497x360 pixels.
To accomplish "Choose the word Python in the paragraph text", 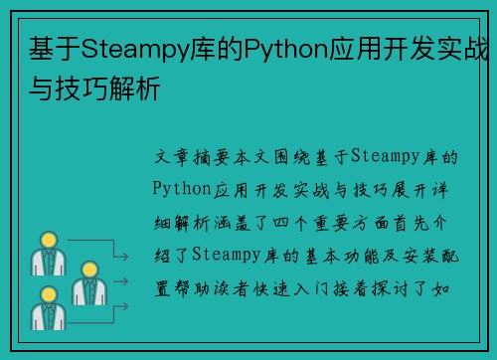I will click(185, 185).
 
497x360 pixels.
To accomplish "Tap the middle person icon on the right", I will click(86, 281).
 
